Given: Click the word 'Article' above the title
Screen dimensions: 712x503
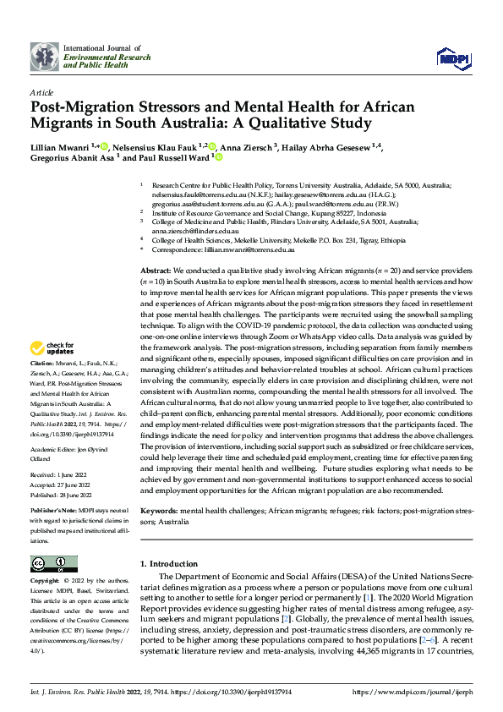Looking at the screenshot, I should (41, 91).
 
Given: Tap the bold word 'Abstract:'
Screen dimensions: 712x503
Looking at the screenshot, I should (157, 268).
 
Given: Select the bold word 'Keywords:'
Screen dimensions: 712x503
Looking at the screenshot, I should (159, 512).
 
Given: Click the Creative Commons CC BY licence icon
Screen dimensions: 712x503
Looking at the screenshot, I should (54, 564).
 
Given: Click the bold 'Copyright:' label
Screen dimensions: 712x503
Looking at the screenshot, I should (44, 582).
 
